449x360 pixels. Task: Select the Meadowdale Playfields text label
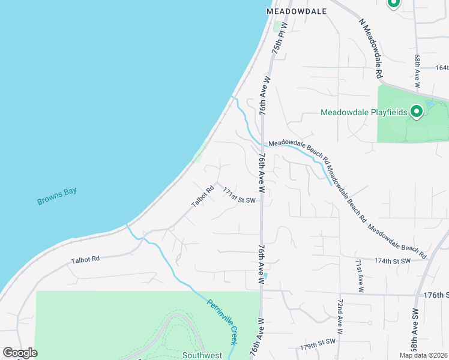tap(364, 112)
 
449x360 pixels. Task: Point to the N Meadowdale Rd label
tap(371, 49)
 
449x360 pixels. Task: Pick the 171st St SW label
tap(240, 196)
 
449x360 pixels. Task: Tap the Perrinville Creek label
tap(222, 322)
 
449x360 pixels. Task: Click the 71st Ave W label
tap(359, 275)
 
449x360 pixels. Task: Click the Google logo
tap(20, 353)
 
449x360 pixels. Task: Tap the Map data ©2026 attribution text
tap(423, 355)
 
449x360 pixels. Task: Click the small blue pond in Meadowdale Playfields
tap(430, 104)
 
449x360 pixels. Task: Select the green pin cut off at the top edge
tap(394, 4)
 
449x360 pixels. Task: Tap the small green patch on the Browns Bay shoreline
tap(198, 157)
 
